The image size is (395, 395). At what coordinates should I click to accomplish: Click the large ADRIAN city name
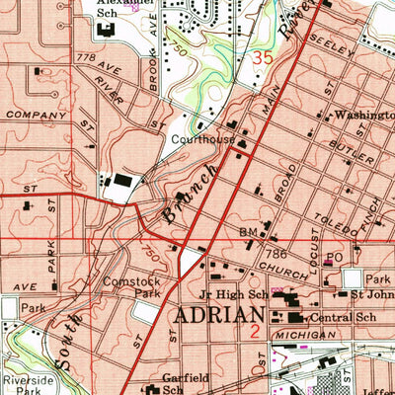click(214, 319)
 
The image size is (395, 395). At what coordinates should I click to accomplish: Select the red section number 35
click(261, 59)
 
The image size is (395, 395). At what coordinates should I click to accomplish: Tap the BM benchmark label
click(247, 232)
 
